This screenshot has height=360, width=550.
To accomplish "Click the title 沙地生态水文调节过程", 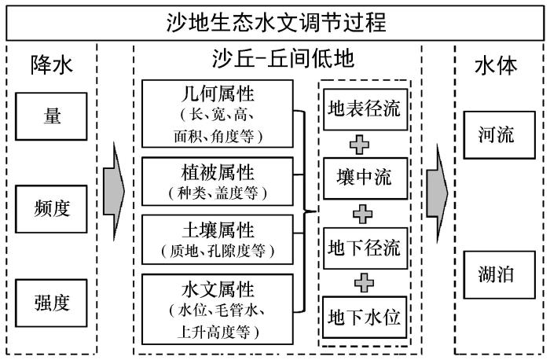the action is (x=276, y=23).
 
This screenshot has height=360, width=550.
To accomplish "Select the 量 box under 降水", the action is (x=51, y=116).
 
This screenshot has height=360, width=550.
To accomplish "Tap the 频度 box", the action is (x=51, y=209).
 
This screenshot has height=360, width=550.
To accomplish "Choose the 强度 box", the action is (x=51, y=303).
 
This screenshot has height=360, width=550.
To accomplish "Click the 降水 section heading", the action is (x=52, y=65).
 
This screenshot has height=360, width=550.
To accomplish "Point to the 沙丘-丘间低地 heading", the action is (x=283, y=59).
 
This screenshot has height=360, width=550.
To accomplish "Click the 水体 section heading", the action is (x=496, y=65).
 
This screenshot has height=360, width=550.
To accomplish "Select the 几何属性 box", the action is (x=218, y=114).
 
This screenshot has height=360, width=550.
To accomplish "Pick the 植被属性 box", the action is (x=218, y=182).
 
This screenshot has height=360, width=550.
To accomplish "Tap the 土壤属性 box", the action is (x=218, y=240).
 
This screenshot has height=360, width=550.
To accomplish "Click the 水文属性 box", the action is (x=218, y=309).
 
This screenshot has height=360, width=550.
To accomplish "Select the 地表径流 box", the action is (x=365, y=109).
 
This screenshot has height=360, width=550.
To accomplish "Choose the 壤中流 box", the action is (x=365, y=178).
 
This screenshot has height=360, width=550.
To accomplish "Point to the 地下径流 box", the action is (x=365, y=248).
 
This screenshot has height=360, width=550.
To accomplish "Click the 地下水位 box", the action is (x=365, y=318).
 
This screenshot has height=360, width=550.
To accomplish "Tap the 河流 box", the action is (x=500, y=135).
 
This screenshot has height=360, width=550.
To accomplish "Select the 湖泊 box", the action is (x=500, y=275).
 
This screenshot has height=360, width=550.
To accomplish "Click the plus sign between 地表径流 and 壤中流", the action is (x=360, y=144).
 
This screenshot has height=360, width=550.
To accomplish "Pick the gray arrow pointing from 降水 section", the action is (x=114, y=192).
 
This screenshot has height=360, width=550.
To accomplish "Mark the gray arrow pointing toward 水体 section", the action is (x=437, y=193).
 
